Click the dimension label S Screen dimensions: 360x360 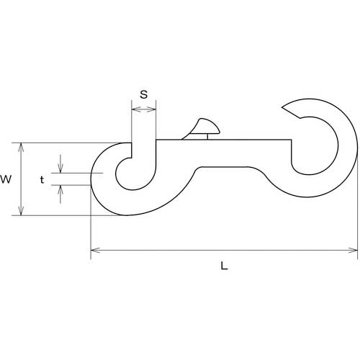(144, 94)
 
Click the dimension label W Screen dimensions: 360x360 (6, 179)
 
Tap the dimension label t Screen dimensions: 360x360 (42, 179)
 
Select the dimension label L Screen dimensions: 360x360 (224, 266)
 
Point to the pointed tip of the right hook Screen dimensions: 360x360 (282, 107)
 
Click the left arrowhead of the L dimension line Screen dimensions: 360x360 (95, 251)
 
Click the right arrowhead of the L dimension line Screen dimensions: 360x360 (353, 251)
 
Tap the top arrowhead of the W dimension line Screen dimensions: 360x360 (22, 148)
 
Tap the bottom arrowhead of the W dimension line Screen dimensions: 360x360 (22, 211)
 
